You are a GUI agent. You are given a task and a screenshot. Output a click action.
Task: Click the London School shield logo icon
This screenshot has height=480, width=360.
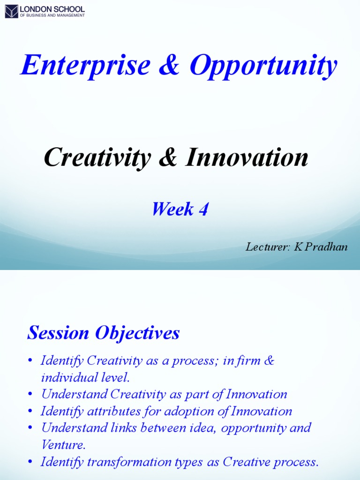point(11,11)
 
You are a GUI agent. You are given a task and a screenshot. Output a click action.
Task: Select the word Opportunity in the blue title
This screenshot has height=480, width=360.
point(263,66)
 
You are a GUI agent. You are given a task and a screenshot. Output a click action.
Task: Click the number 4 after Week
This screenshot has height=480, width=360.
point(203,210)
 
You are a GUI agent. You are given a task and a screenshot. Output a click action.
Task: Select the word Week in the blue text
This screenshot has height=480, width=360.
point(172,210)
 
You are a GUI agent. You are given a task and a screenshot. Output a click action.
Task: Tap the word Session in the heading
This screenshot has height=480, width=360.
point(58,333)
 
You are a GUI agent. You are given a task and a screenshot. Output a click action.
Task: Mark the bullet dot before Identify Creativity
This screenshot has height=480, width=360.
point(30,361)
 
